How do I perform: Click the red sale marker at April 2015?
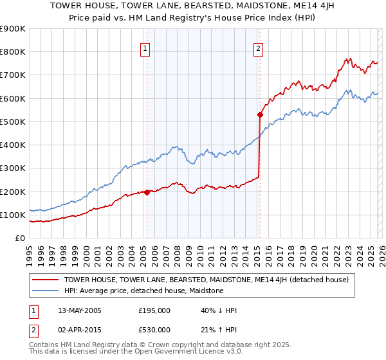pos(260,115)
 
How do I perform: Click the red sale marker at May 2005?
pos(147,192)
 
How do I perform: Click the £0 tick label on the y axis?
pos(19,239)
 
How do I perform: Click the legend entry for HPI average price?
pos(143,291)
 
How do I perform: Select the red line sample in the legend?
pos(46,280)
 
